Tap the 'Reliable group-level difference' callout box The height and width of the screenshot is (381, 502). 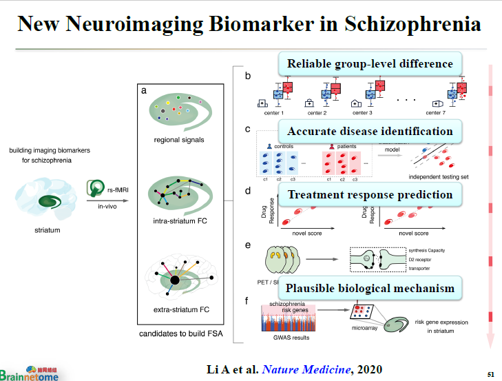tap(370, 64)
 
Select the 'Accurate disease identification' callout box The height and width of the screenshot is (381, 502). tap(370, 131)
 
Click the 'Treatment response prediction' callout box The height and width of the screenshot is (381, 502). tap(370, 194)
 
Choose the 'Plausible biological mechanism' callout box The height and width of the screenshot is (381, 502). tap(370, 288)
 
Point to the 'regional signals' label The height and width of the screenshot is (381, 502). tap(179, 140)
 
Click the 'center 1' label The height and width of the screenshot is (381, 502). tap(273, 112)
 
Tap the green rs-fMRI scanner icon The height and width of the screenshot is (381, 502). tap(95, 188)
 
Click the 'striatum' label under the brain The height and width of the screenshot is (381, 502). tap(47, 229)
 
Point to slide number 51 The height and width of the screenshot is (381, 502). tap(490, 374)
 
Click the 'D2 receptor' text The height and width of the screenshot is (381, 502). tap(423, 260)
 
